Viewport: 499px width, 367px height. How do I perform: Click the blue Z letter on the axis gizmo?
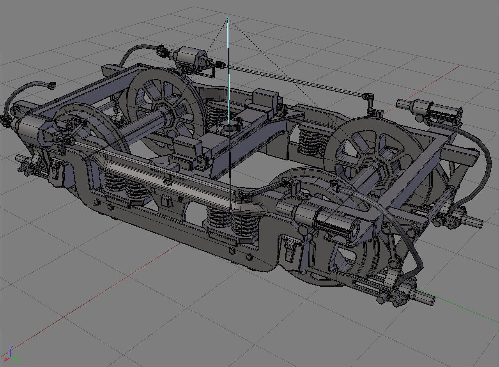[12, 347]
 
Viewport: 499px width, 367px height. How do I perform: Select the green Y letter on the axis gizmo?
[19, 358]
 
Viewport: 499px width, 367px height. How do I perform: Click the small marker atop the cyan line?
[227, 18]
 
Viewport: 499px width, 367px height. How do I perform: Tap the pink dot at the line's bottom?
[231, 211]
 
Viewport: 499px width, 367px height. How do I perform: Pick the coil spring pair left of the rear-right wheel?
[310, 140]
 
